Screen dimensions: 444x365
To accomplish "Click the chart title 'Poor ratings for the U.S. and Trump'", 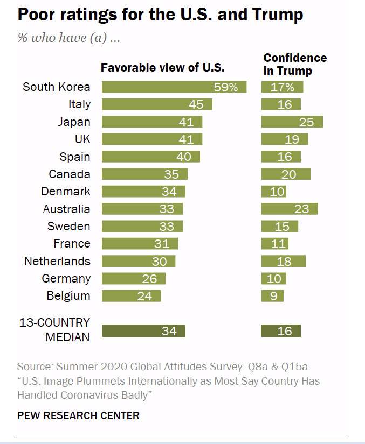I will pyautogui.click(x=160, y=15).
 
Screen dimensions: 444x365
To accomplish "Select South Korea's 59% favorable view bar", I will pyautogui.click(x=174, y=87).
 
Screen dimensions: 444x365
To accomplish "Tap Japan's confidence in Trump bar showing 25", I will pyautogui.click(x=292, y=122).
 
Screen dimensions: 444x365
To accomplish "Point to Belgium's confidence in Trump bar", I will pyautogui.click(x=272, y=296).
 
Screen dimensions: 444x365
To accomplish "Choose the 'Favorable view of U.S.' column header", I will pyautogui.click(x=163, y=68).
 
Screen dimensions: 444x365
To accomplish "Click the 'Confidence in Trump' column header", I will pyautogui.click(x=294, y=64).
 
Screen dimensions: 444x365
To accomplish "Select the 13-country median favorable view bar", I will pyautogui.click(x=143, y=331).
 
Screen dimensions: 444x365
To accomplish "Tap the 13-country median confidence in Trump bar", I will pyautogui.click(x=281, y=331).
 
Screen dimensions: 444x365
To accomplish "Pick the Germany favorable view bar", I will pyautogui.click(x=133, y=279).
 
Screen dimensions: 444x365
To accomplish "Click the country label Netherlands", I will pyautogui.click(x=57, y=261).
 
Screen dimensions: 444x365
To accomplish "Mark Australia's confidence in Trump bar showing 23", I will pyautogui.click(x=290, y=209).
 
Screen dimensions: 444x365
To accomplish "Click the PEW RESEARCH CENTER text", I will pyautogui.click(x=78, y=415).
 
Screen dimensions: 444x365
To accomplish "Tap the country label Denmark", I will pyautogui.click(x=66, y=192).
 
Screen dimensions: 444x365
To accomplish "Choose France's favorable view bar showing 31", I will pyautogui.click(x=140, y=244).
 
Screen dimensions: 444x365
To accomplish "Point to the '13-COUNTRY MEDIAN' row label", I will pyautogui.click(x=54, y=329).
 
